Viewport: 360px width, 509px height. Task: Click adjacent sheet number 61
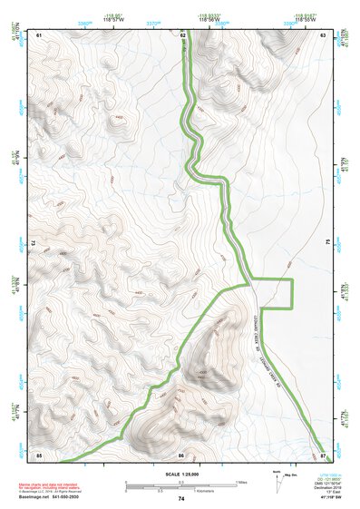39,34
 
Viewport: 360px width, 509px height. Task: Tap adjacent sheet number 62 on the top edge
182,34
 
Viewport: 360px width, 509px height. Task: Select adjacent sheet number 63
323,34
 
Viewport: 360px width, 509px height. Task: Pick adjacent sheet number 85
39,454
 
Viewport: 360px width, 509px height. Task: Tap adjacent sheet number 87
323,454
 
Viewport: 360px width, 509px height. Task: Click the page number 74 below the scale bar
181,499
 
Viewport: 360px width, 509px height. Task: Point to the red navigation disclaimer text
50,485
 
